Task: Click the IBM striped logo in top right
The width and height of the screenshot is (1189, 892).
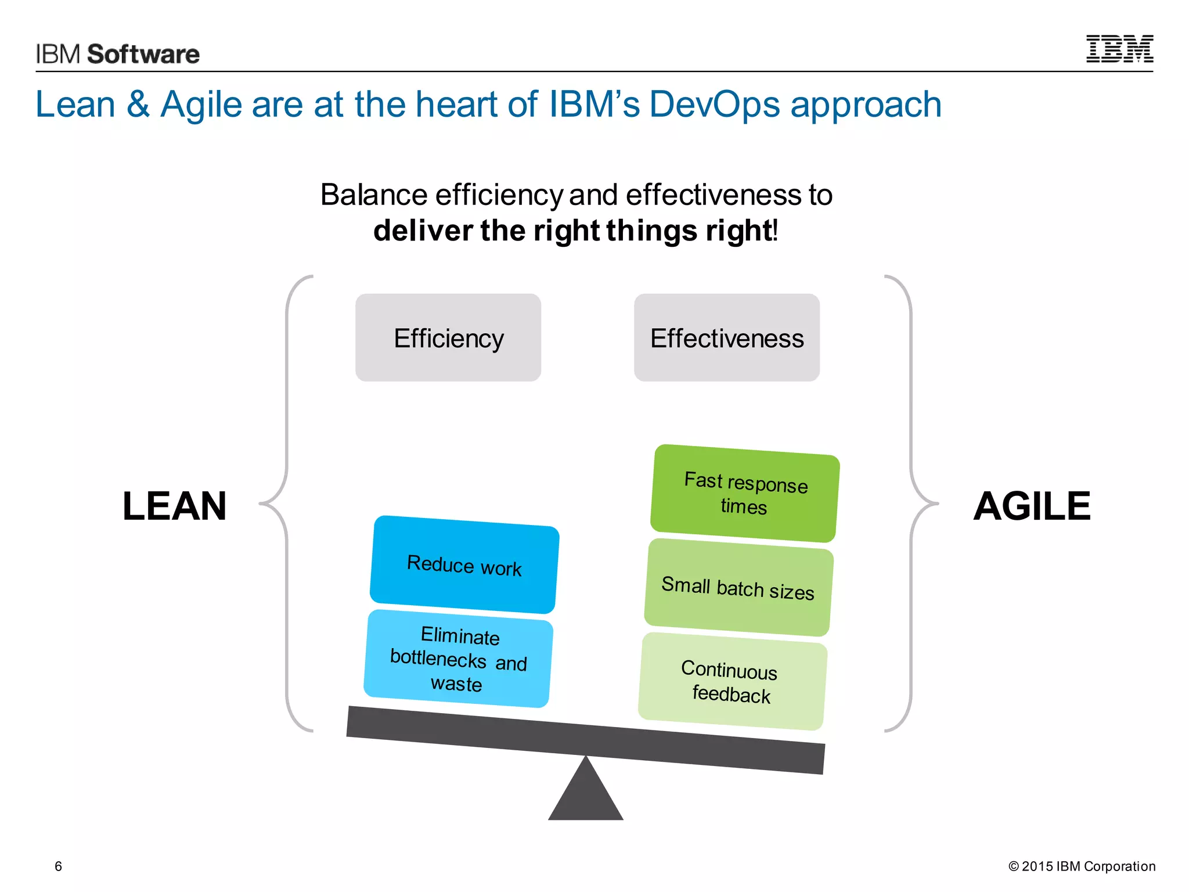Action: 1119,49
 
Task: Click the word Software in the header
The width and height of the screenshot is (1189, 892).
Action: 143,54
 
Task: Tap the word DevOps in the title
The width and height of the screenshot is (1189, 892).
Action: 714,105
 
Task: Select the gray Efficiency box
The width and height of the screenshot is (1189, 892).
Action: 448,337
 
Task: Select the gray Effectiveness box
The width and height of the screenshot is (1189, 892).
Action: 727,337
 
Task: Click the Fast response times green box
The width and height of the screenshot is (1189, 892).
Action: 745,494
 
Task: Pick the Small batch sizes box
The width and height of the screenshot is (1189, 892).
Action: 738,588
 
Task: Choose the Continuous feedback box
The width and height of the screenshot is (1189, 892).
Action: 732,681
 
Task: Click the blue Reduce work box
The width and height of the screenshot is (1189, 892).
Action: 464,564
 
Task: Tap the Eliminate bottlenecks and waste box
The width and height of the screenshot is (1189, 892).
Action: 458,659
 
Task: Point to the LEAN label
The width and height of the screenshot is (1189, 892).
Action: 174,506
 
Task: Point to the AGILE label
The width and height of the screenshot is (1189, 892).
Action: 1032,506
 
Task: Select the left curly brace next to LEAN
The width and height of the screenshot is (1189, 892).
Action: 287,503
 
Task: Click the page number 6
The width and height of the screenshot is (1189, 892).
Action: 58,866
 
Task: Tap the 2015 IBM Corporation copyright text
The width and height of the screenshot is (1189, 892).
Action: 1082,866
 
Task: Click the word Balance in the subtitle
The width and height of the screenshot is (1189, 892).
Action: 374,195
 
